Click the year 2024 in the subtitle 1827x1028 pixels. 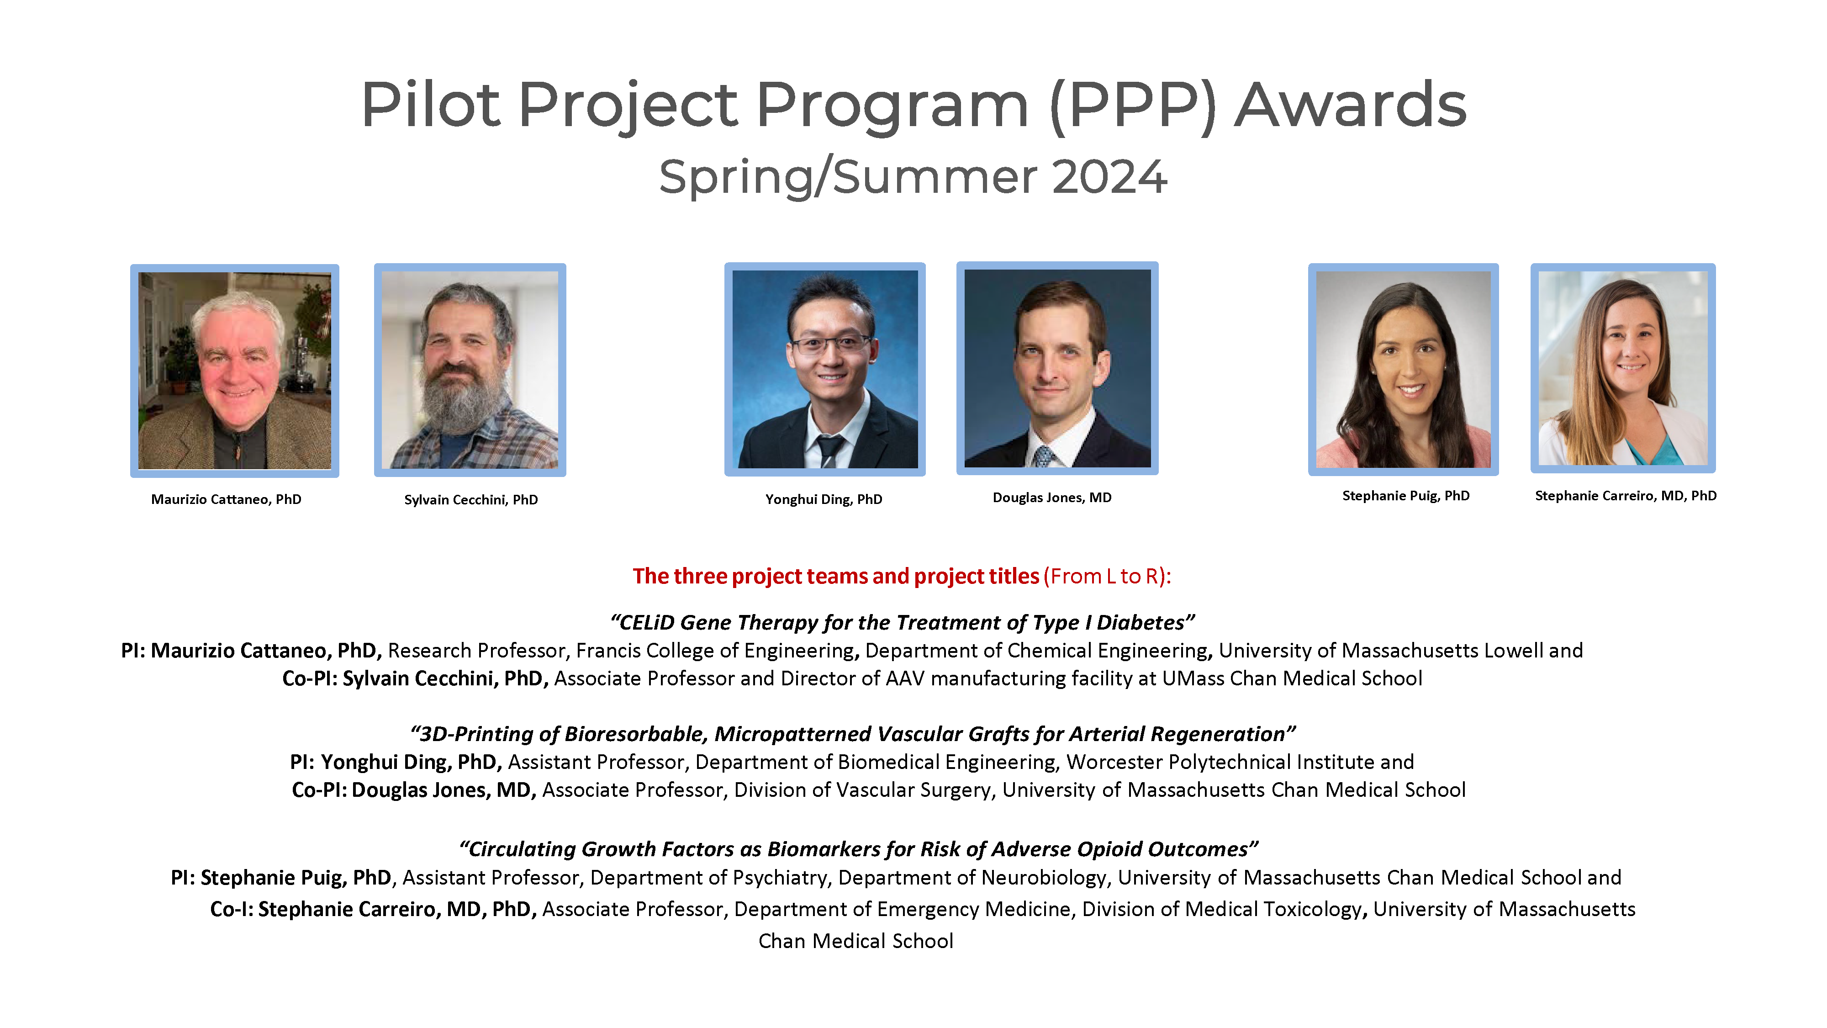[x=1109, y=177]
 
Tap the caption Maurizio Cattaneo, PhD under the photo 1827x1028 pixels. [x=226, y=499]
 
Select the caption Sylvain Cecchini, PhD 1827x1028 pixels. [x=470, y=499]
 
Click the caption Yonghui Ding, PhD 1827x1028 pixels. [x=824, y=499]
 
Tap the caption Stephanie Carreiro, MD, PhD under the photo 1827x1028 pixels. [x=1625, y=496]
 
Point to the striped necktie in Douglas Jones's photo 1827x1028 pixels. [x=1043, y=455]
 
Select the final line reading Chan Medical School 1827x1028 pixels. [x=855, y=942]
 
